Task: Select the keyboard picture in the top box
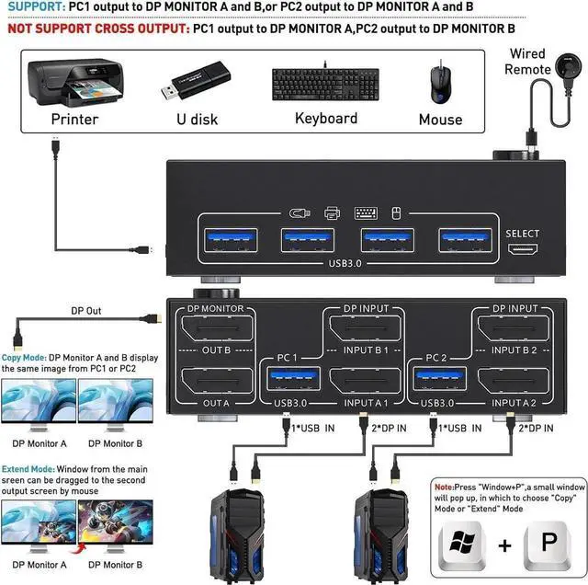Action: (325, 84)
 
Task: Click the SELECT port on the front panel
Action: (522, 251)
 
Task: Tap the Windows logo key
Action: (465, 544)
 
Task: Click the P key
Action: (548, 544)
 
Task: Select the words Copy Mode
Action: (24, 357)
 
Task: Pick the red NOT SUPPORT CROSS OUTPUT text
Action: (95, 29)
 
